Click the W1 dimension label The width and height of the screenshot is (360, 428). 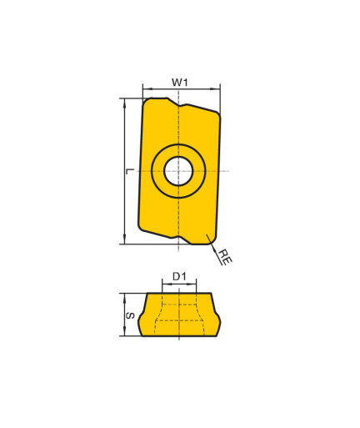(x=180, y=83)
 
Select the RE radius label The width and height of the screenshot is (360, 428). (x=225, y=256)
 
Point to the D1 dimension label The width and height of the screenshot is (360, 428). (x=179, y=276)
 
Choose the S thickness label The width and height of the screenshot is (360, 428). (x=130, y=315)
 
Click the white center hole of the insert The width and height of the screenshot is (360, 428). (x=178, y=171)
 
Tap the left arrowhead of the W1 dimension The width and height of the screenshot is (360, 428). (x=147, y=89)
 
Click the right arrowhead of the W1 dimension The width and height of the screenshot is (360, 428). (x=217, y=89)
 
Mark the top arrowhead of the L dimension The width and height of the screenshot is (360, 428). (x=125, y=103)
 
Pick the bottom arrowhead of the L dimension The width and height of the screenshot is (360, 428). (x=125, y=239)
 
